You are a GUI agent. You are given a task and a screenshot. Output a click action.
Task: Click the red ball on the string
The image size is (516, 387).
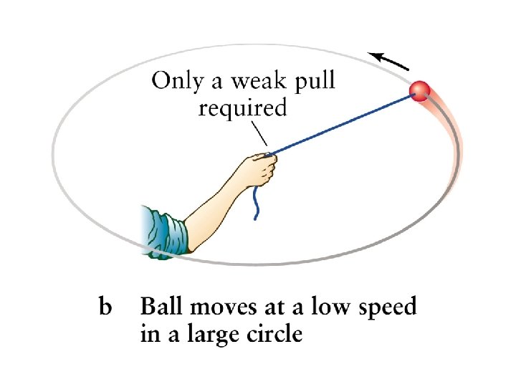click(x=419, y=91)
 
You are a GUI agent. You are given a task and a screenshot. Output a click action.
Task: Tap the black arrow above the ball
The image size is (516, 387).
click(x=389, y=62)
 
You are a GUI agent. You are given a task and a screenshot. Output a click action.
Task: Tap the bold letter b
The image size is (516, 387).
click(x=105, y=308)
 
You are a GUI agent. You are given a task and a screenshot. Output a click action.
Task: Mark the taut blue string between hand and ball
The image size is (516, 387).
click(x=344, y=123)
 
